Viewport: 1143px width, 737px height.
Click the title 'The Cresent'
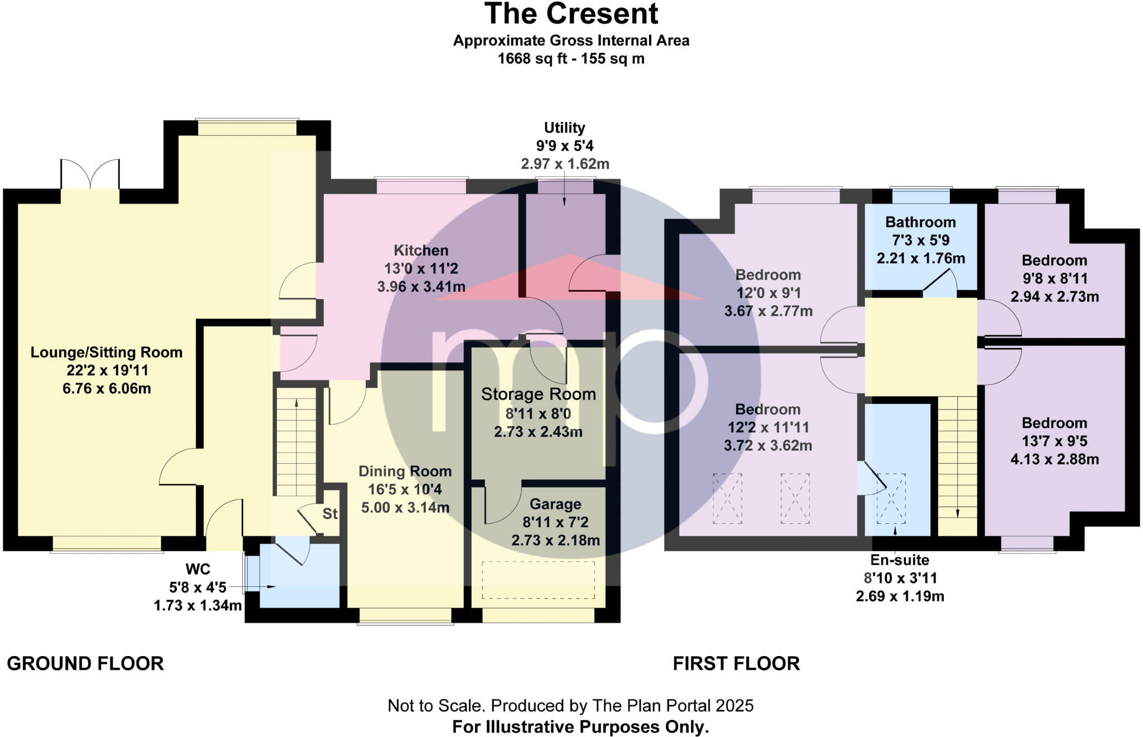(571, 14)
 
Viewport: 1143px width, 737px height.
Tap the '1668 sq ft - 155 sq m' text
(571, 59)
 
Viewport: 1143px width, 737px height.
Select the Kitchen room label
(421, 251)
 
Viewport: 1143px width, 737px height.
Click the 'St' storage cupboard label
(330, 514)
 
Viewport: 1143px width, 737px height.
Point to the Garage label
(555, 504)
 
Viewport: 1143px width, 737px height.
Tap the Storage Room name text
(539, 394)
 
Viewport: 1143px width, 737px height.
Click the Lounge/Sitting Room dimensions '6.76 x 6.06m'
(107, 389)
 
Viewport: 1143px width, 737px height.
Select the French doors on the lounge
(90, 175)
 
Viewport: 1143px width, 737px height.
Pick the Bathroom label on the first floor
(920, 223)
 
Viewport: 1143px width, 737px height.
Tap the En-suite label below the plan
(900, 560)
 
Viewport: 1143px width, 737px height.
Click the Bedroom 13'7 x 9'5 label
(1054, 423)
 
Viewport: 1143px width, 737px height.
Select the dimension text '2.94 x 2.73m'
(1054, 297)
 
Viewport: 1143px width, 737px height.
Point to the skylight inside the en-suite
(891, 498)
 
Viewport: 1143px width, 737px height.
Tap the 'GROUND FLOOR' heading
(85, 663)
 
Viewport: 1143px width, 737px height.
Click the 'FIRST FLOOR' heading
(736, 663)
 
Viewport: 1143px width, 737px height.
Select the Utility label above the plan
(564, 128)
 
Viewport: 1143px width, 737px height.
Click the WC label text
(198, 569)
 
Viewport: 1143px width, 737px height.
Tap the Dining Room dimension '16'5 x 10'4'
(405, 490)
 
